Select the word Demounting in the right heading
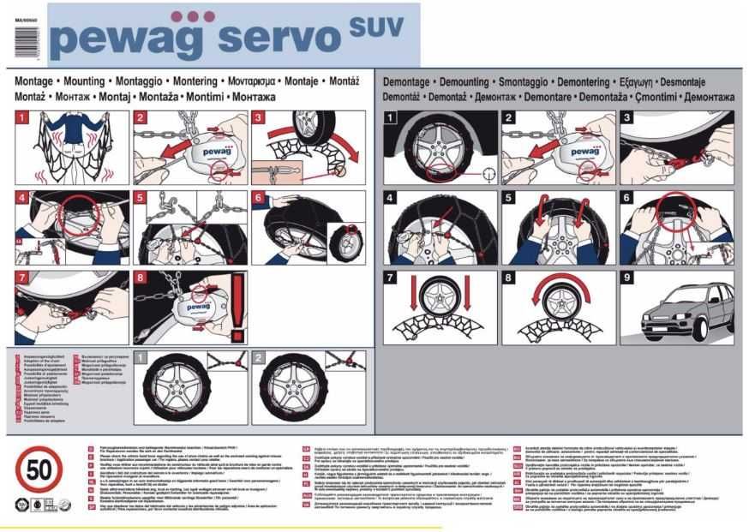click(472, 82)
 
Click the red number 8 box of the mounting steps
click(141, 278)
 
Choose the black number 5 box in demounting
click(509, 198)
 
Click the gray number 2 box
click(259, 356)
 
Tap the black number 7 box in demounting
click(391, 278)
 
